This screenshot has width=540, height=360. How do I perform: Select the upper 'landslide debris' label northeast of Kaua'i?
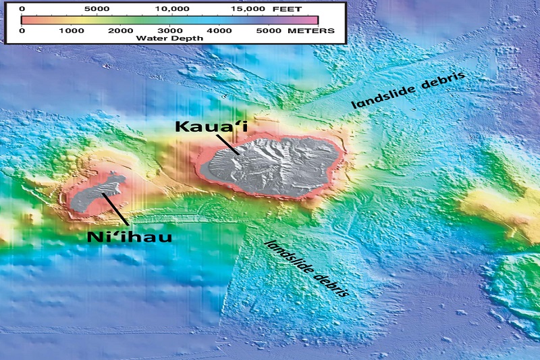click(408, 91)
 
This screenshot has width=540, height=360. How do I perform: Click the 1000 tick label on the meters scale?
click(70, 31)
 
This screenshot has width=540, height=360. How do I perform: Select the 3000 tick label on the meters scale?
click(168, 31)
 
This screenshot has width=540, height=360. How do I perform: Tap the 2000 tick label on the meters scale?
click(119, 31)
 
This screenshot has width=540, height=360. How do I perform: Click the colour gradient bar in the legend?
click(169, 20)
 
